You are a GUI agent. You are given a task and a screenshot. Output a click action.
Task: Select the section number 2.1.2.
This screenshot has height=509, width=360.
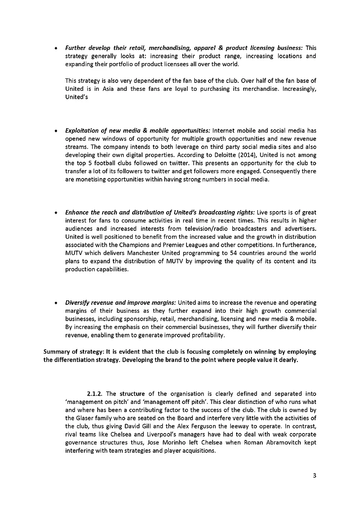coord(95,394)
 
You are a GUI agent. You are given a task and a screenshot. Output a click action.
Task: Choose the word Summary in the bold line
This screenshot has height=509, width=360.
coord(58,352)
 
